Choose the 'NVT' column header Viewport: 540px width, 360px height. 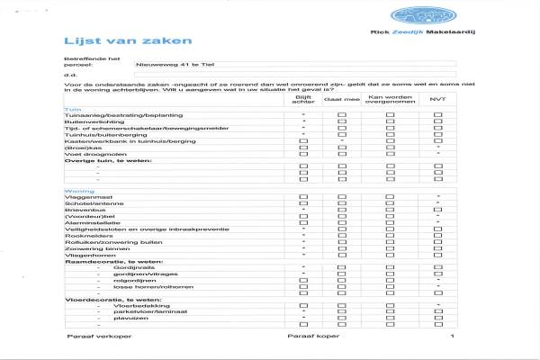point(437,99)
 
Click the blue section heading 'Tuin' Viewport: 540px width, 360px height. point(69,109)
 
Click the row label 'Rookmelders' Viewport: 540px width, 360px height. point(85,235)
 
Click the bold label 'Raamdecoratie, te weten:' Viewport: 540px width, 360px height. point(102,260)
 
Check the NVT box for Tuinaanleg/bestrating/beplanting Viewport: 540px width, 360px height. point(437,115)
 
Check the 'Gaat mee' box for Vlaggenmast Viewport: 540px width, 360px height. point(342,197)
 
